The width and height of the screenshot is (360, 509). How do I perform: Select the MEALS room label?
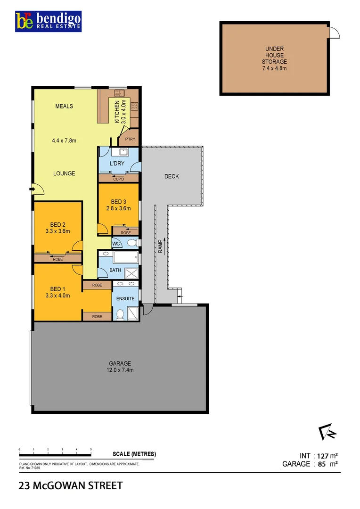tap(64, 107)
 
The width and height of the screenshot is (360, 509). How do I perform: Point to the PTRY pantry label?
tap(130, 139)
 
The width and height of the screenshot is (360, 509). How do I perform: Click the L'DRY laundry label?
tap(116, 163)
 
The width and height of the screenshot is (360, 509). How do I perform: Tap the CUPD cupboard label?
tap(118, 179)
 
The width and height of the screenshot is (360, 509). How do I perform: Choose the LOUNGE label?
tap(64, 173)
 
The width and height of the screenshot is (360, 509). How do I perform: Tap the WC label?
tap(116, 243)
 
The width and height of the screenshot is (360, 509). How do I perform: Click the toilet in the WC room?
tap(132, 243)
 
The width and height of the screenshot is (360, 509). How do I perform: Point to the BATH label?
tap(115, 271)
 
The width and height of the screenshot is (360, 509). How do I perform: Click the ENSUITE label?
tap(125, 298)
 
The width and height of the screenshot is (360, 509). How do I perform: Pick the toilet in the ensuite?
tap(120, 314)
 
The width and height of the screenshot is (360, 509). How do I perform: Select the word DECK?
tap(172, 177)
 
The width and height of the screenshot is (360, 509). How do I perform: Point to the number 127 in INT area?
tap(322, 456)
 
